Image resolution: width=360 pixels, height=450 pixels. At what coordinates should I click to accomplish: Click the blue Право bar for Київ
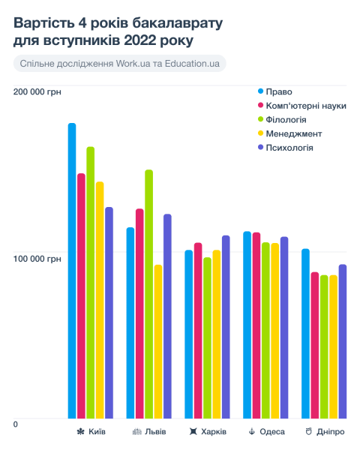72,270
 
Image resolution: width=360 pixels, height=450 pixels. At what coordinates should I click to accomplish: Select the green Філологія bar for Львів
148,293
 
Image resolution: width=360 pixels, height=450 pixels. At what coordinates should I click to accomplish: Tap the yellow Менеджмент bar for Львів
157,341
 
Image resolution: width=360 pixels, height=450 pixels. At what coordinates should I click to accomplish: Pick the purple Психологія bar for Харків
225,326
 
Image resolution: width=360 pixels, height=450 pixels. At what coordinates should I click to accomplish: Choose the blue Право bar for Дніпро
305,333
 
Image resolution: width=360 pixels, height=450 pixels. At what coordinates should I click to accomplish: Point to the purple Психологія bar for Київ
109,312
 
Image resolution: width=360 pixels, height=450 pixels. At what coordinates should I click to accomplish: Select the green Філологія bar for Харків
207,337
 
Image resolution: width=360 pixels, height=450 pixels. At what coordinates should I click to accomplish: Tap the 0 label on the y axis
16,425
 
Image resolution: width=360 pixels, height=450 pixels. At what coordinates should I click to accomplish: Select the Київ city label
97,433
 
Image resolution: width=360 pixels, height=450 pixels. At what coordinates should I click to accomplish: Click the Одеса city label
271,433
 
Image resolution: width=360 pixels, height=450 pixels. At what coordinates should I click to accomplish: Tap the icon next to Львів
137,433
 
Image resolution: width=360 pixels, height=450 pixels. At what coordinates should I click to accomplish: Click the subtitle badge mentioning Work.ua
120,64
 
